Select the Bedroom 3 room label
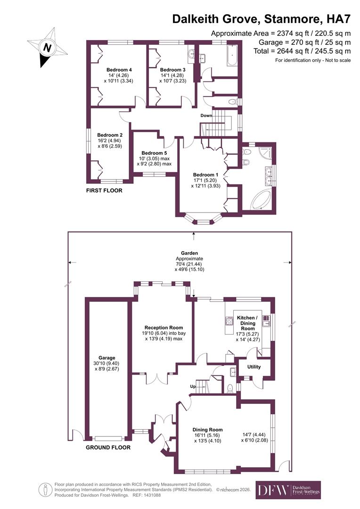pyautogui.click(x=173, y=70)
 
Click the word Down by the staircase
pyautogui.click(x=206, y=115)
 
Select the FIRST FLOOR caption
pyautogui.click(x=104, y=191)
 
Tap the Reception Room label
pyautogui.click(x=164, y=328)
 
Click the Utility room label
pyautogui.click(x=254, y=367)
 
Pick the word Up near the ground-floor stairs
pyautogui.click(x=193, y=386)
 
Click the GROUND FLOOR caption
pyautogui.click(x=108, y=447)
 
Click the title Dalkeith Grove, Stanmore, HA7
pyautogui.click(x=262, y=19)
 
